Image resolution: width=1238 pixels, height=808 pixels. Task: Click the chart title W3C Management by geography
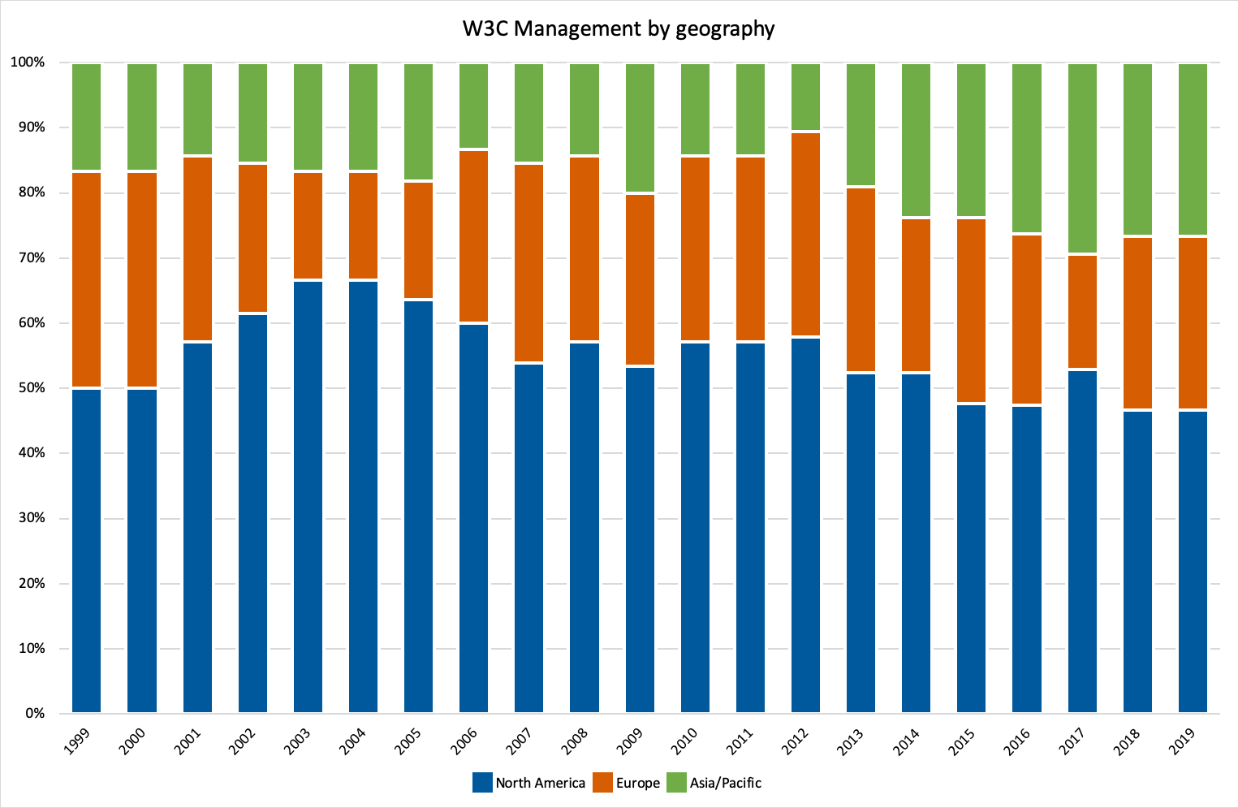point(619,29)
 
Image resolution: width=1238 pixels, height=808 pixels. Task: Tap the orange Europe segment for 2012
point(805,234)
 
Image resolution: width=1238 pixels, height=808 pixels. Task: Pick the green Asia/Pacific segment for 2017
point(1082,158)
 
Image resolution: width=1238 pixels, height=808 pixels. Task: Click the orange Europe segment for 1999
point(86,280)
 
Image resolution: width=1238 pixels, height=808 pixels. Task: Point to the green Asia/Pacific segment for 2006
point(473,106)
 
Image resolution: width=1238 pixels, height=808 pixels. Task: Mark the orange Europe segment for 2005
point(418,240)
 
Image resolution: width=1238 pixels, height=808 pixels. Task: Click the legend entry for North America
point(529,783)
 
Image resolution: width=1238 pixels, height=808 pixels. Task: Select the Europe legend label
point(627,783)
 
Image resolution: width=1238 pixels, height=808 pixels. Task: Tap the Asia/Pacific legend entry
point(714,783)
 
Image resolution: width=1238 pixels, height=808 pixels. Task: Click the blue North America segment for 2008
point(584,528)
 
